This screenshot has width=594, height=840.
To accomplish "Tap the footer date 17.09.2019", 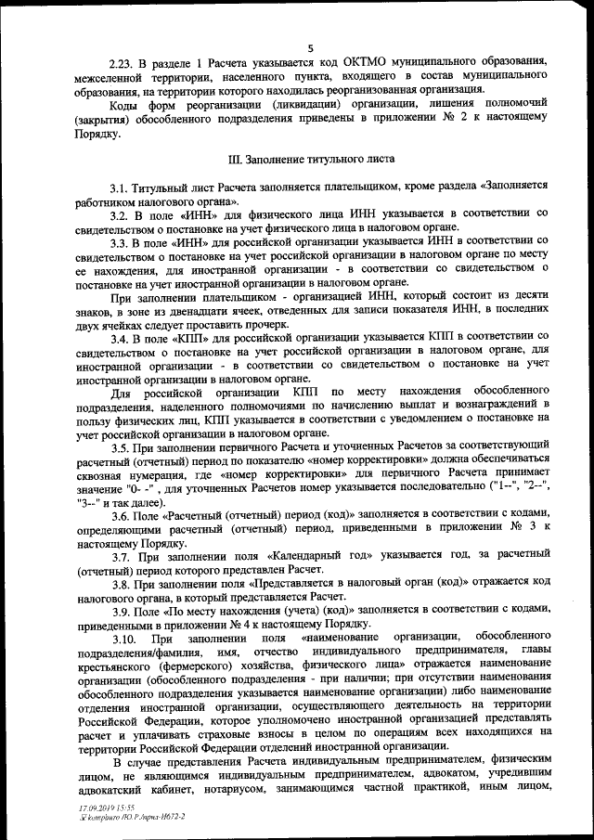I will [97, 809].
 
